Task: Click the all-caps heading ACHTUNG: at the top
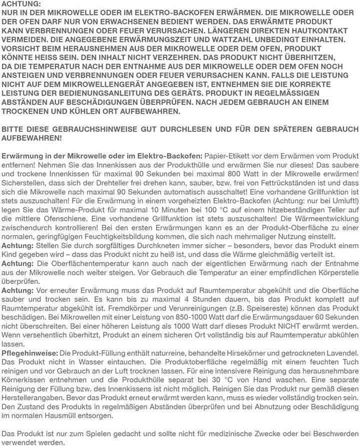(x=19, y=4)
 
